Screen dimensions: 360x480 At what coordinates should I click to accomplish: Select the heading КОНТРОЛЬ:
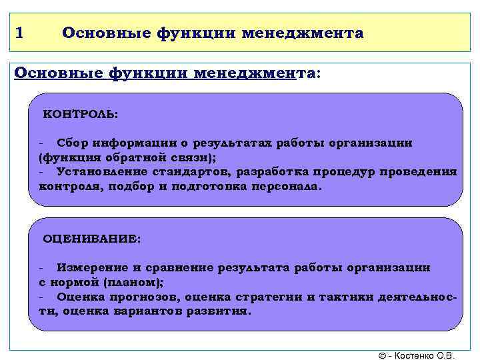pyautogui.click(x=81, y=114)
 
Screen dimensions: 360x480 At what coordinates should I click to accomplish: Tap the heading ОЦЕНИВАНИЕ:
pyautogui.click(x=92, y=238)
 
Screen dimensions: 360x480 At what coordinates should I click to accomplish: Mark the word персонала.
pyautogui.click(x=286, y=187)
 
